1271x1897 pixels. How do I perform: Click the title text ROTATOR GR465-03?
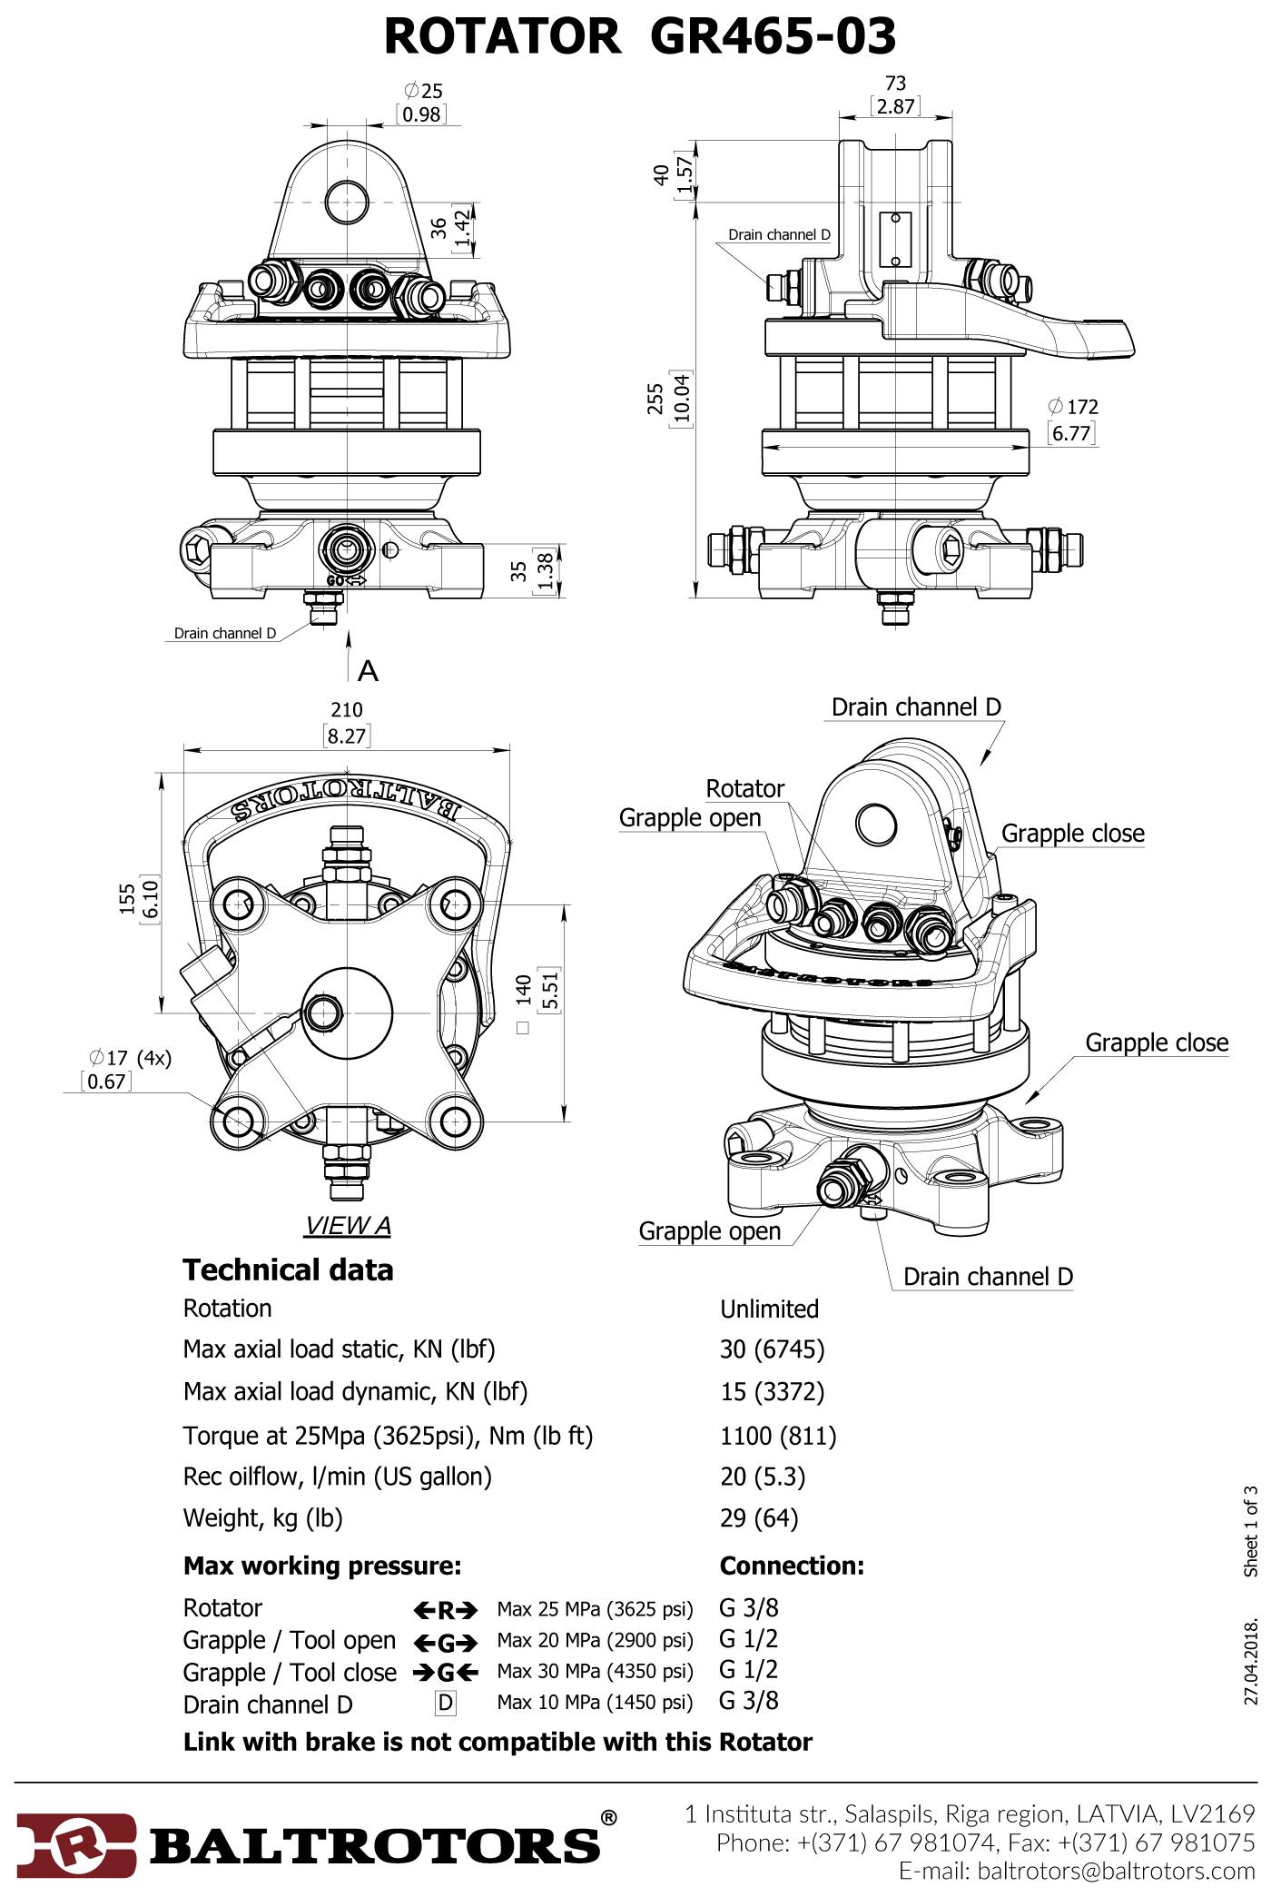pyautogui.click(x=640, y=37)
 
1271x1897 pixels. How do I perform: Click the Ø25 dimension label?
pyautogui.click(x=423, y=91)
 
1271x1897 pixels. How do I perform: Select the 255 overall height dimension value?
pyautogui.click(x=655, y=397)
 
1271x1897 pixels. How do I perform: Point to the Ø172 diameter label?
pyautogui.click(x=1072, y=406)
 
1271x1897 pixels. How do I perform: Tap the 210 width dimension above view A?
pyautogui.click(x=347, y=709)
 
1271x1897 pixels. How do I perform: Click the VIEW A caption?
pyautogui.click(x=348, y=1226)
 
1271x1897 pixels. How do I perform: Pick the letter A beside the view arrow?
pyautogui.click(x=368, y=670)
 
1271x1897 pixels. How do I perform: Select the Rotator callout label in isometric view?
pyautogui.click(x=744, y=788)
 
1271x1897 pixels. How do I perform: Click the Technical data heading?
pyautogui.click(x=288, y=1270)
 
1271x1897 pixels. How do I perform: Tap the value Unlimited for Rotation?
pyautogui.click(x=769, y=1309)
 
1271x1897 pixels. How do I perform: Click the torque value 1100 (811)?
pyautogui.click(x=778, y=1436)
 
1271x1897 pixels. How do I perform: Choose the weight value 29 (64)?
pyautogui.click(x=759, y=1517)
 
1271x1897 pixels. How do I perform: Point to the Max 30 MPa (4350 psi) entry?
pyautogui.click(x=595, y=1671)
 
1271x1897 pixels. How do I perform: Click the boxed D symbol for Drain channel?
pyautogui.click(x=445, y=1703)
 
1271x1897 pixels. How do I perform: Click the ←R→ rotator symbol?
pyautogui.click(x=445, y=1611)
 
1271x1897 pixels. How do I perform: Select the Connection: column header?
pyautogui.click(x=792, y=1566)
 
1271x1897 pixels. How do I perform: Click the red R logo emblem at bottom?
pyautogui.click(x=77, y=1840)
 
